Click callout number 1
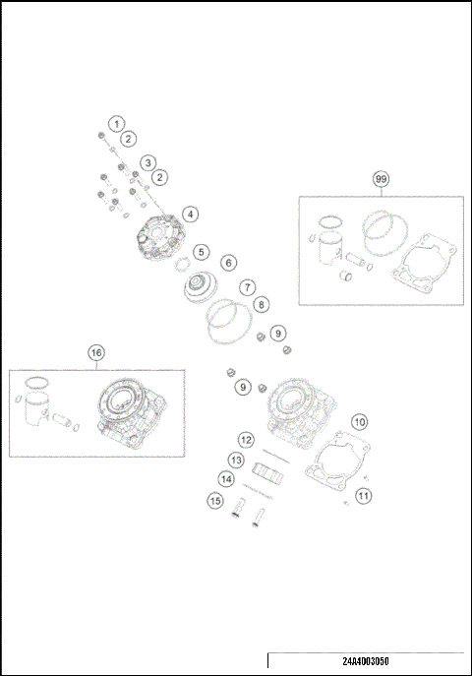tap(117, 124)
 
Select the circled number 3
tap(147, 161)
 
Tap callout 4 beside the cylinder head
tap(188, 214)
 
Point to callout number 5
tap(200, 252)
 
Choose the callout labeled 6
tap(228, 263)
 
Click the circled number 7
tap(249, 287)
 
